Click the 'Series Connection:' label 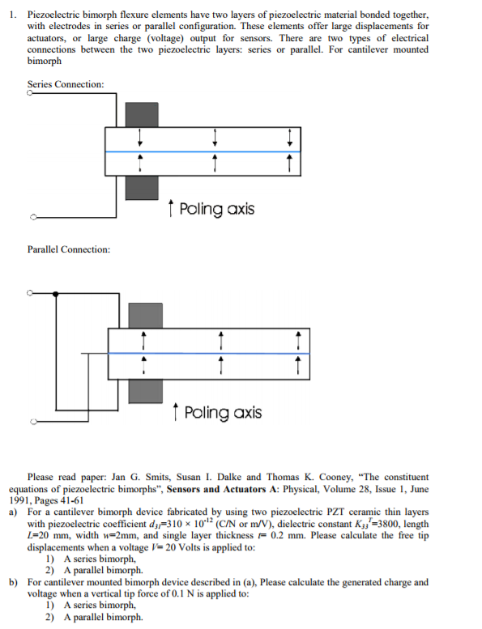(x=66, y=84)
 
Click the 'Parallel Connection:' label (x=69, y=249)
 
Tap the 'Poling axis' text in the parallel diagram (x=223, y=413)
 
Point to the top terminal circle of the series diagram (x=30, y=93)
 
